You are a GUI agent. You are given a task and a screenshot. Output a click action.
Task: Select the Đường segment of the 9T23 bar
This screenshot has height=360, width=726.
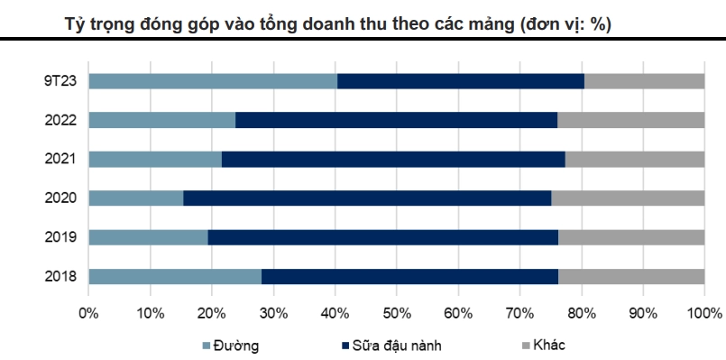[x=213, y=81]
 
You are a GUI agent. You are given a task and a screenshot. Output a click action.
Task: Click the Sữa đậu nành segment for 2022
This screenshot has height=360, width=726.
[x=396, y=120]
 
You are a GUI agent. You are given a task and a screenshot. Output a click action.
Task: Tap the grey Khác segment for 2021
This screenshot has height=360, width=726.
[x=634, y=160]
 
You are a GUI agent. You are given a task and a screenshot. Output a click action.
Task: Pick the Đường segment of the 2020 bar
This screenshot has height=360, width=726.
[x=136, y=198]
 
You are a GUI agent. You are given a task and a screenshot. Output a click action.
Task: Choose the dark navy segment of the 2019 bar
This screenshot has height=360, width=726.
[x=382, y=237]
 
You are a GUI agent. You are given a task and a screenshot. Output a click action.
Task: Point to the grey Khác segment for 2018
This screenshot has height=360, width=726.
[x=630, y=276]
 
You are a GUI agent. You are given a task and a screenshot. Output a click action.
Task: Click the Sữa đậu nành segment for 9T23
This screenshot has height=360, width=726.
[x=460, y=81]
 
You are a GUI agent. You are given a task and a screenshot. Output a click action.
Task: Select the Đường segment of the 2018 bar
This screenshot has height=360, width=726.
[x=175, y=276]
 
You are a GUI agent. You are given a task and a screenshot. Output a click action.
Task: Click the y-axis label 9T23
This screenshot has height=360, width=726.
[x=60, y=81]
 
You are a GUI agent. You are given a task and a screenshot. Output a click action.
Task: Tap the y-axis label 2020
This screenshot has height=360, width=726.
[x=60, y=198]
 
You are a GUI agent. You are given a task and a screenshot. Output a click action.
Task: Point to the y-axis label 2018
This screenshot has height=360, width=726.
[x=60, y=276]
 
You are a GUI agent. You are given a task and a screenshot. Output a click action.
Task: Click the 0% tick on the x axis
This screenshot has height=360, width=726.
[x=88, y=314]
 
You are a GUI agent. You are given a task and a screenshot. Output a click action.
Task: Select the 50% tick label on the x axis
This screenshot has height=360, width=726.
[x=396, y=314]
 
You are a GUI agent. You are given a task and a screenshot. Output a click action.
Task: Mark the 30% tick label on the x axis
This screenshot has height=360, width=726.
[x=273, y=314]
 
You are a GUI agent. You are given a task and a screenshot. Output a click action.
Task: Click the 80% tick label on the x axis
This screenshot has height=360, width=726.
[x=581, y=314]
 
